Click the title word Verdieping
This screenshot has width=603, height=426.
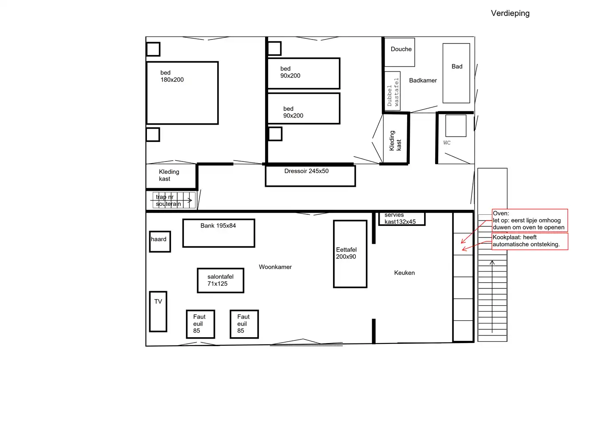[510, 13]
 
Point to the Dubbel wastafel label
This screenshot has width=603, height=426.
[393, 92]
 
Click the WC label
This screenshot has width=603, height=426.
[447, 142]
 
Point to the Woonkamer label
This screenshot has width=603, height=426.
[275, 267]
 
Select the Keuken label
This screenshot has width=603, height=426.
[405, 273]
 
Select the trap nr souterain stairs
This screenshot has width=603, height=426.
[174, 200]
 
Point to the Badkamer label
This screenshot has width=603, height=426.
[423, 80]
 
